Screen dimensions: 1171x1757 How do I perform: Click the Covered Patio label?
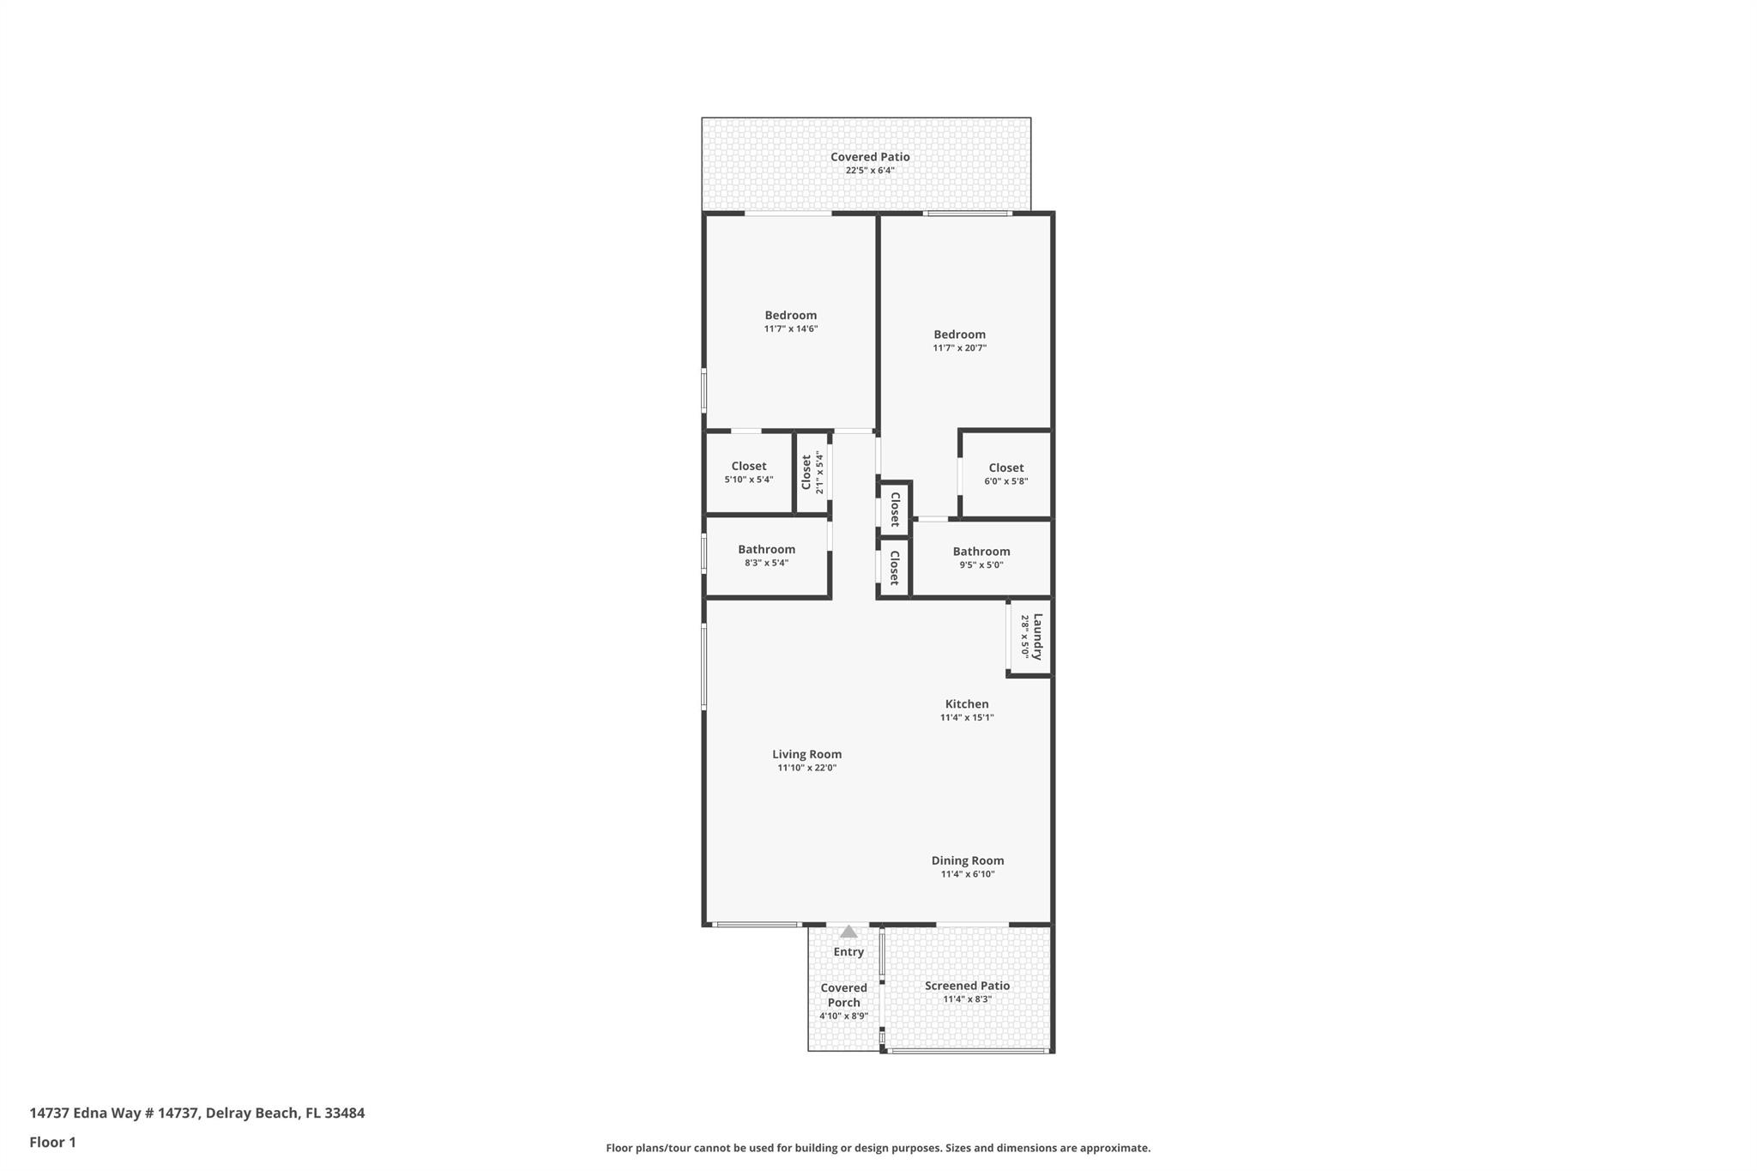click(x=869, y=157)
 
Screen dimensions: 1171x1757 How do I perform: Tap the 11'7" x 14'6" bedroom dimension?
click(x=790, y=329)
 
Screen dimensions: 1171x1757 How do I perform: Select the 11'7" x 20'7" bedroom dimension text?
click(x=959, y=348)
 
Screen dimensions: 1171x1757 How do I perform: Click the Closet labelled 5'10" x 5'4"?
click(x=748, y=467)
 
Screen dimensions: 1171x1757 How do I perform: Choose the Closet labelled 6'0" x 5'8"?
click(x=1005, y=468)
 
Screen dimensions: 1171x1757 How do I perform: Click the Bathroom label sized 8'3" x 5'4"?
click(x=766, y=550)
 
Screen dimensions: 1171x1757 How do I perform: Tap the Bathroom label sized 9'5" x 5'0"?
click(x=981, y=552)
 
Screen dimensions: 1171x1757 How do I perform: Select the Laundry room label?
click(x=1037, y=637)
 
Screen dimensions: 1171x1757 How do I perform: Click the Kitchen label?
click(x=966, y=704)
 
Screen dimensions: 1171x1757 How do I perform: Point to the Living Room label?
click(x=806, y=755)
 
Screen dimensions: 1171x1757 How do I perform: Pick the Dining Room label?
click(x=967, y=861)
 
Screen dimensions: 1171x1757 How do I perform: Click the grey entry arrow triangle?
click(x=848, y=932)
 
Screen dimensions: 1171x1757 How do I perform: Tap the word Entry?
click(x=848, y=952)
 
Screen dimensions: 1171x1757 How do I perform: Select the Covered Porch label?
click(x=843, y=995)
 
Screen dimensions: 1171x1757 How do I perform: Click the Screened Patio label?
click(x=966, y=987)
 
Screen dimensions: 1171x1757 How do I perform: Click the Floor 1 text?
click(x=52, y=1143)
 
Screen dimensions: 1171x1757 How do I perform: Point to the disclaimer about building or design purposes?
click(x=878, y=1149)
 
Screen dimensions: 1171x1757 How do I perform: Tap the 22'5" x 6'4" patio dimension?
click(x=869, y=171)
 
